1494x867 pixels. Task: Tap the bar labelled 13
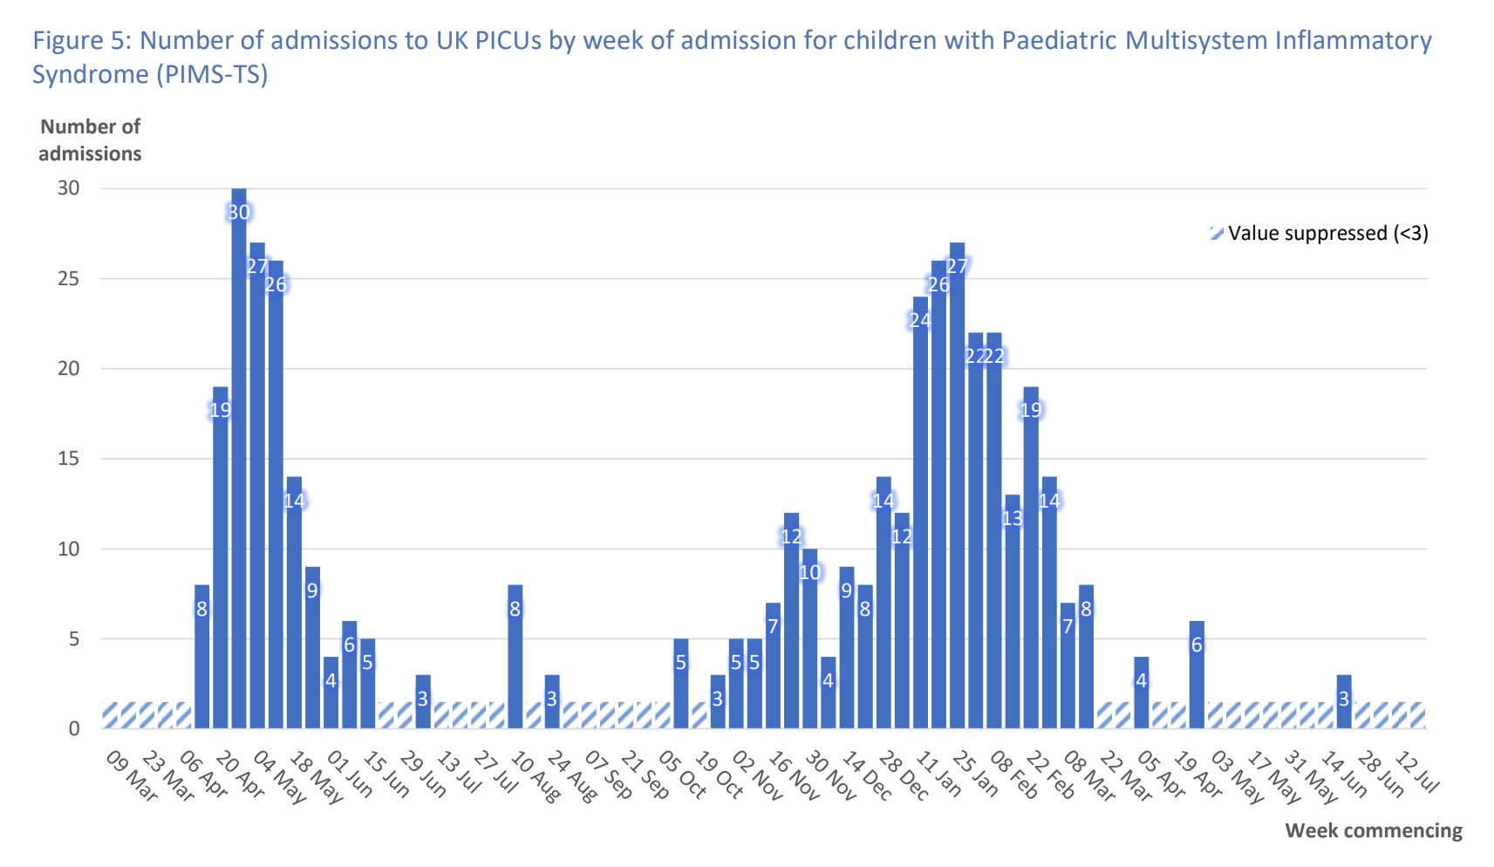click(1012, 611)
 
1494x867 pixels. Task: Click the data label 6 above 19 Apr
click(1197, 645)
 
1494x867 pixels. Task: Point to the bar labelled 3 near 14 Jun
click(1344, 702)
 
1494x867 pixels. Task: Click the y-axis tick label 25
click(69, 279)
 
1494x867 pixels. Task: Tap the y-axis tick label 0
click(74, 729)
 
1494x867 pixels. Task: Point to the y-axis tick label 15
click(69, 459)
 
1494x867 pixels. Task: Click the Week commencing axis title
click(1374, 830)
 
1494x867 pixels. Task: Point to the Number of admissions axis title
click(90, 140)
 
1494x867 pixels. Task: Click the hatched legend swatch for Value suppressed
click(1217, 233)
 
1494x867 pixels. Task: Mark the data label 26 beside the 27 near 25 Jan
click(938, 284)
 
